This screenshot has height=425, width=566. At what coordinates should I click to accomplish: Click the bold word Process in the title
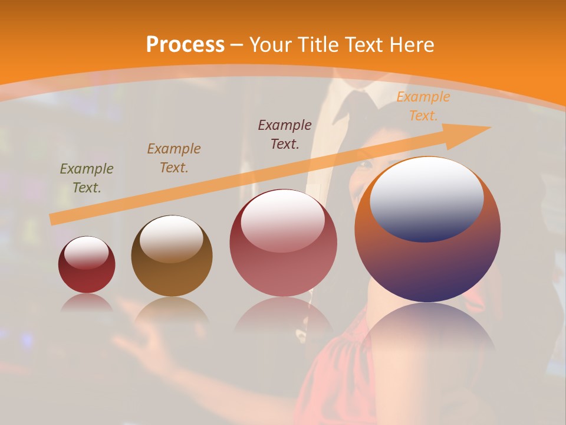pos(185,44)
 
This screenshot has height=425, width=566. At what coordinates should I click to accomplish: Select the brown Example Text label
pos(174,158)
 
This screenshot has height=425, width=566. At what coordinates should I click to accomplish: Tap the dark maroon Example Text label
pos(285,134)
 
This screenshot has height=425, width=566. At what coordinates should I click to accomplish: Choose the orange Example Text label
pos(423,106)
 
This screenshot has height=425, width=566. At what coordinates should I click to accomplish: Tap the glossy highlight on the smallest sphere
pos(86,253)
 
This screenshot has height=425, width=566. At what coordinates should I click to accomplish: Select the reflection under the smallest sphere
pos(87,302)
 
